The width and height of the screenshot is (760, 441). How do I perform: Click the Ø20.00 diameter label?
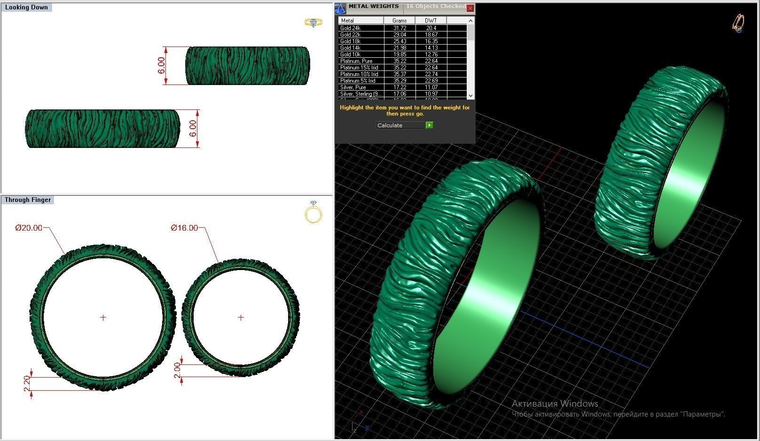[29, 228]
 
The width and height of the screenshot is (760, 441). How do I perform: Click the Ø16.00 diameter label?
[184, 228]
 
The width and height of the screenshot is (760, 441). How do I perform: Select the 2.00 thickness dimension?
[177, 370]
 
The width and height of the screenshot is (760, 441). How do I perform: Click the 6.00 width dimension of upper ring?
[161, 65]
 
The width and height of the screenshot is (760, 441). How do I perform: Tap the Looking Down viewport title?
[26, 8]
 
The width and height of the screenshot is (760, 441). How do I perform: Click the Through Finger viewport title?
[28, 200]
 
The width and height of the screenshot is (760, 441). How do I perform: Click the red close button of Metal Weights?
[470, 8]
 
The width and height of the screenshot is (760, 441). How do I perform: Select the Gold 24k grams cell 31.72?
[399, 28]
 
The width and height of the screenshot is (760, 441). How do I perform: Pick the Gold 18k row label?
[350, 41]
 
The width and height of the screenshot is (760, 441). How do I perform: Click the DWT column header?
[431, 21]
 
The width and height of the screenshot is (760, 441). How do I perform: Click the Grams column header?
[399, 21]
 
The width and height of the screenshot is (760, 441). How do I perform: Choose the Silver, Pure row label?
[353, 87]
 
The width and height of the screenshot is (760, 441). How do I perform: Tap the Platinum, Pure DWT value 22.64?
[431, 61]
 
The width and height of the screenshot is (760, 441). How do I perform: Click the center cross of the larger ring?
[103, 317]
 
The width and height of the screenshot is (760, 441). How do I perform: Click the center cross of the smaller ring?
[241, 317]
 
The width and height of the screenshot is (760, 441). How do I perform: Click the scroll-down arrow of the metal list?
[470, 95]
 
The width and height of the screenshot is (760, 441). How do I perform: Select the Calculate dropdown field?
[400, 125]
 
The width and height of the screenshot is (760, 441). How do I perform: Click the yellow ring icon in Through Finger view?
[313, 212]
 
